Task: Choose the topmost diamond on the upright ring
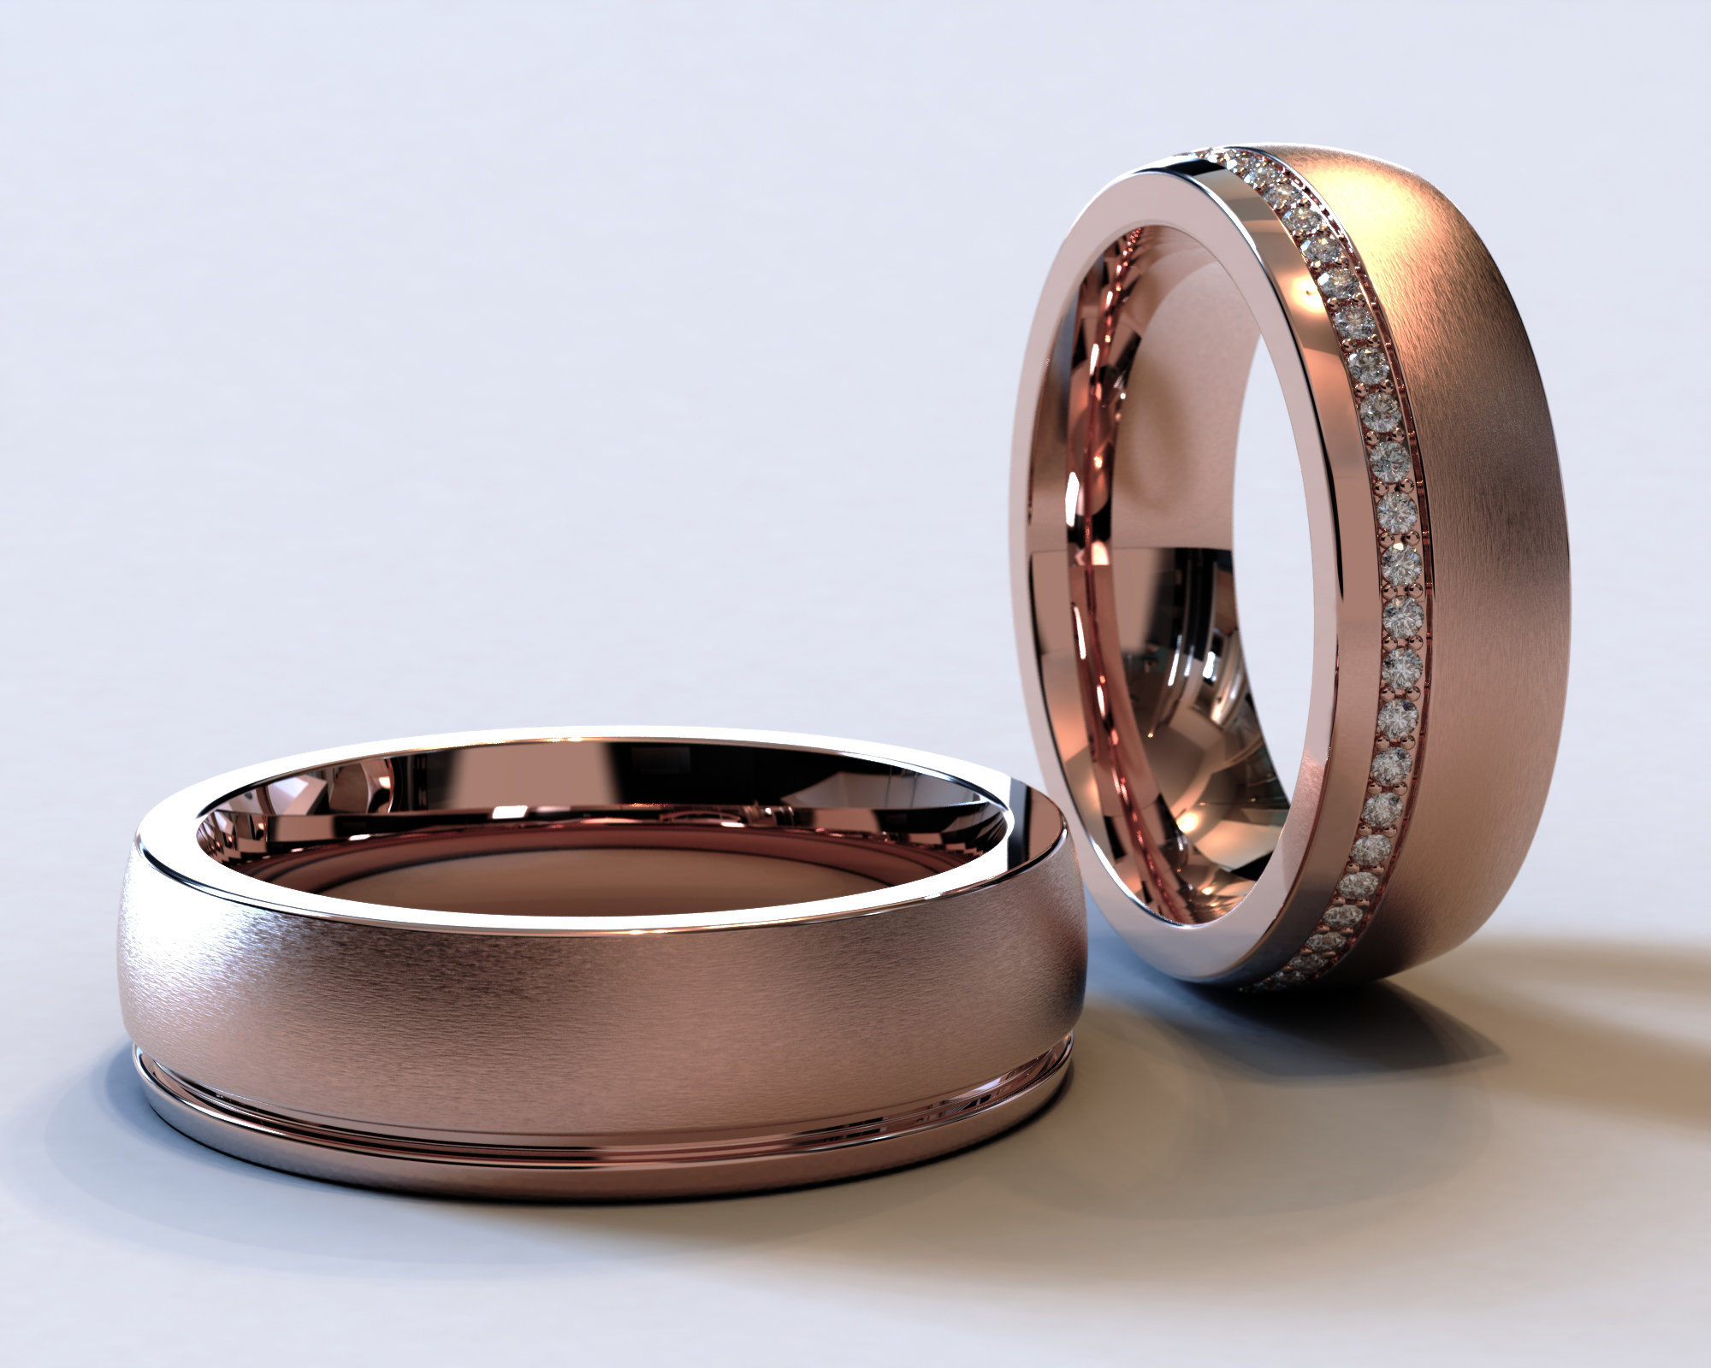1215,155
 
